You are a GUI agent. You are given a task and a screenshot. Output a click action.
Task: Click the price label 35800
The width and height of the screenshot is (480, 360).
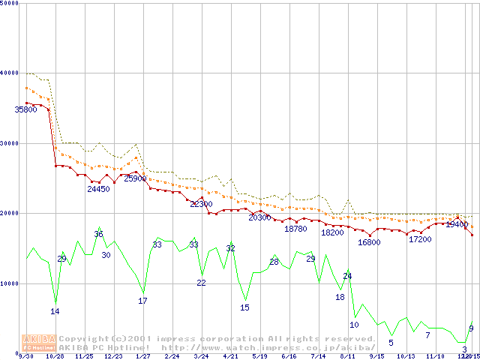(x=25, y=109)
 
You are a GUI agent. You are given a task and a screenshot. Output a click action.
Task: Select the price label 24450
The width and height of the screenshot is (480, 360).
(x=98, y=189)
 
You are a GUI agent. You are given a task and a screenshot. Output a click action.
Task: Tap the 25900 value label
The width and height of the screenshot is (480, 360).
(x=135, y=178)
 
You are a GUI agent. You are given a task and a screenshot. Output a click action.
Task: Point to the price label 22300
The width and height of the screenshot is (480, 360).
(x=201, y=204)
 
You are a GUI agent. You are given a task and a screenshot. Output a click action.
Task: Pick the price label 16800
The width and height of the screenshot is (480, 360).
(x=369, y=242)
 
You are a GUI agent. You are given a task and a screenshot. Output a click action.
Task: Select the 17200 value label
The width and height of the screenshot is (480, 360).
(x=420, y=239)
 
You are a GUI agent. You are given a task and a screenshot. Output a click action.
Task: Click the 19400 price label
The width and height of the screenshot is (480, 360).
(x=457, y=224)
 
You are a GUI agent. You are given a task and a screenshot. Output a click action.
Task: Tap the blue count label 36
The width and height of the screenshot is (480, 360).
(x=98, y=235)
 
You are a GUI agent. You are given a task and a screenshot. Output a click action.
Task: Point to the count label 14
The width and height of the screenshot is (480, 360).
(x=55, y=311)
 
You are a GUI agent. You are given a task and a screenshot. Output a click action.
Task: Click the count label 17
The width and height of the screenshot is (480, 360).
(x=142, y=301)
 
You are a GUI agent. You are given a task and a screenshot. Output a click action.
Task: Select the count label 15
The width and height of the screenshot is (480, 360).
(x=244, y=307)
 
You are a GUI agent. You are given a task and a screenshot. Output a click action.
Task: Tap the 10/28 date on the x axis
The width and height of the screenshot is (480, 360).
(x=55, y=356)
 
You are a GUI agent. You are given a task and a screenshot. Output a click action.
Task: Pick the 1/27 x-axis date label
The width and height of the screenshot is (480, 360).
(x=142, y=356)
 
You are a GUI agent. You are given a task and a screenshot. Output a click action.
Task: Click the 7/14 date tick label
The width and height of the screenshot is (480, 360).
(x=318, y=356)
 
